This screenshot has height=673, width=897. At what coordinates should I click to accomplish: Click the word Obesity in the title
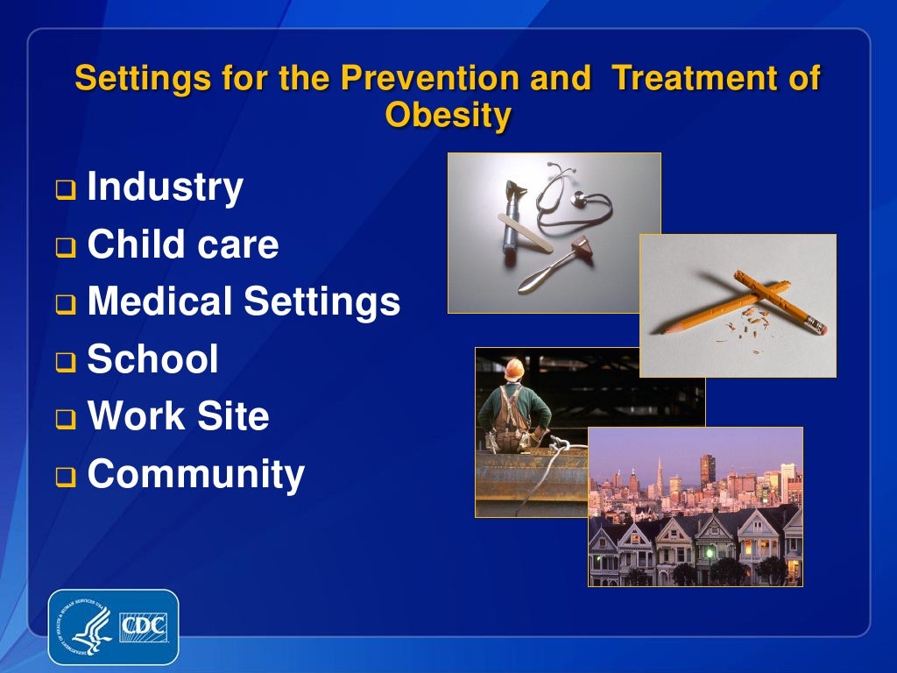[448, 114]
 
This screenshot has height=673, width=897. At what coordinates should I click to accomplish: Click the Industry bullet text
[166, 188]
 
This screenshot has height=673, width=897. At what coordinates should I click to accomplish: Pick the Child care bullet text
[183, 245]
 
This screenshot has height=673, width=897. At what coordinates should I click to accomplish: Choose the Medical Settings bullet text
[244, 302]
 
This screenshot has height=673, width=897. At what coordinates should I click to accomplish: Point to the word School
[152, 359]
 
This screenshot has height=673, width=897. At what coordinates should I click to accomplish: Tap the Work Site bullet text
[178, 416]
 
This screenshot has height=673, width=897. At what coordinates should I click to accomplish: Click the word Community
[195, 474]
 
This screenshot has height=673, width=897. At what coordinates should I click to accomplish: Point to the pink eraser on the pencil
[819, 329]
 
